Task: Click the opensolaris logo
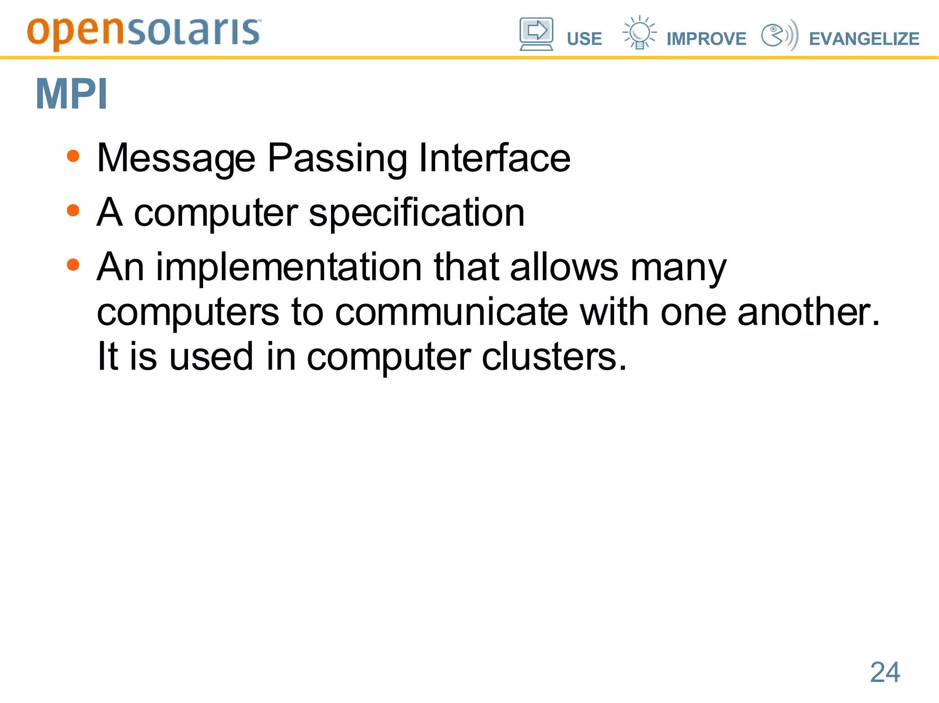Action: (x=144, y=33)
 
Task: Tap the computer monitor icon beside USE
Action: (x=536, y=33)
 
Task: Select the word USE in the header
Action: (x=584, y=39)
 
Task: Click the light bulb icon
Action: (x=639, y=32)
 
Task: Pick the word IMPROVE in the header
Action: (x=706, y=39)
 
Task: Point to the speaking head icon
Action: (x=779, y=35)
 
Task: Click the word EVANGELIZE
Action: (x=864, y=39)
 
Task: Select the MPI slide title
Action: (x=72, y=94)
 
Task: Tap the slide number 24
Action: (x=885, y=672)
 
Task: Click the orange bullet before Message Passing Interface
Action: (x=73, y=156)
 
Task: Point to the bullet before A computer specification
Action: (x=73, y=211)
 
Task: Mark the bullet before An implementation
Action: (x=73, y=265)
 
